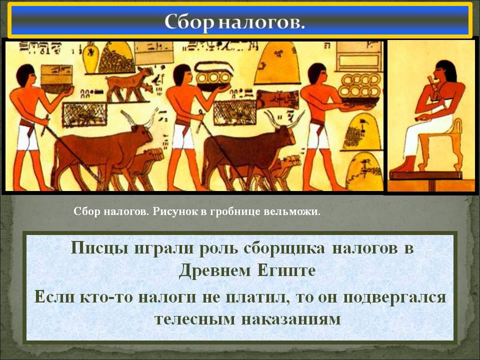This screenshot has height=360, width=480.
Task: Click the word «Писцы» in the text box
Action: pyautogui.click(x=99, y=248)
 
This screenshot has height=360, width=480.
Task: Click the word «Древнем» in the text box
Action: pyautogui.click(x=215, y=270)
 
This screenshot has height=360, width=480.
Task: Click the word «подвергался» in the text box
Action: pyautogui.click(x=394, y=297)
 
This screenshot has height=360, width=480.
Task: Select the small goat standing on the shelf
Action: pyautogui.click(x=129, y=83)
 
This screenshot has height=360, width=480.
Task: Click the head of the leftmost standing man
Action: pyautogui.click(x=25, y=76)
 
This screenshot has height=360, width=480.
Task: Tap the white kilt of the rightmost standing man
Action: pyautogui.click(x=318, y=136)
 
